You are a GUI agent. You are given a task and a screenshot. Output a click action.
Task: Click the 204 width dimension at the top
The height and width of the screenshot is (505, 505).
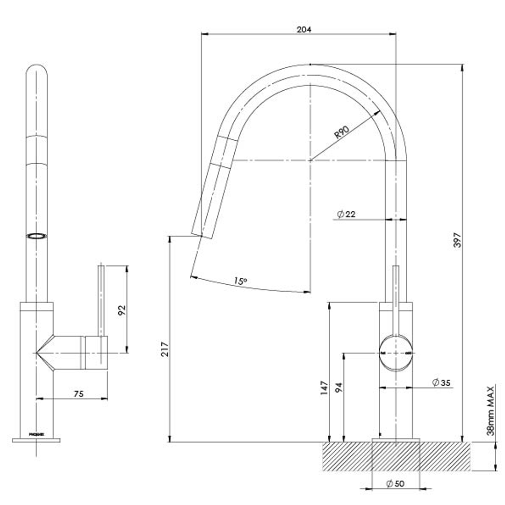(x=304, y=29)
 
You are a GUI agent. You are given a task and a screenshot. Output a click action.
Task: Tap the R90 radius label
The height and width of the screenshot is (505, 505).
(x=342, y=133)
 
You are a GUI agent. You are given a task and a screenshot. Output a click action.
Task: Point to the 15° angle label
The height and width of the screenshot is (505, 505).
(x=240, y=281)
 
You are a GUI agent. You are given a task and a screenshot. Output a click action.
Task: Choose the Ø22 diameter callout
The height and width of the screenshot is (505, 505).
(x=346, y=214)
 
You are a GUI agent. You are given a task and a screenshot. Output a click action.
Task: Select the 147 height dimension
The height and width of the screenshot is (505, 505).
(x=324, y=388)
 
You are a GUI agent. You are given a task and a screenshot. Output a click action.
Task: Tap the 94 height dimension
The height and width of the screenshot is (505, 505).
(x=338, y=388)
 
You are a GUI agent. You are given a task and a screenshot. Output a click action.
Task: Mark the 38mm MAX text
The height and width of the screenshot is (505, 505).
(x=490, y=410)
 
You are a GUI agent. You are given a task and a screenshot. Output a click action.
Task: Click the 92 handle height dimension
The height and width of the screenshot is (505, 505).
(x=122, y=310)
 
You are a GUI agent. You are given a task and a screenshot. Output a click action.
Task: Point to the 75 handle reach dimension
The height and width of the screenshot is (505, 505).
(x=79, y=394)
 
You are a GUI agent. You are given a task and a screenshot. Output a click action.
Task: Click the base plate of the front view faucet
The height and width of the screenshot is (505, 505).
(x=36, y=440)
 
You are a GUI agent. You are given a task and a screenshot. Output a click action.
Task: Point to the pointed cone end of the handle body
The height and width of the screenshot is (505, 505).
(x=42, y=352)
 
